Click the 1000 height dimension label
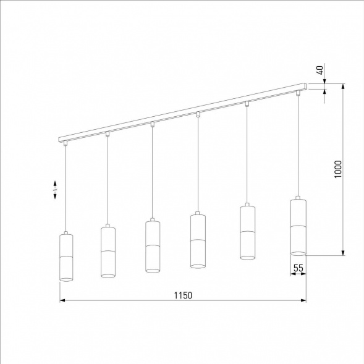[x=337, y=169]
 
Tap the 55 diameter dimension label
[x=298, y=268]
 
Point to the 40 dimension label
[x=320, y=70]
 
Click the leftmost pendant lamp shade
[x=66, y=256]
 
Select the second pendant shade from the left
[x=108, y=251]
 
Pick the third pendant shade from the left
[x=153, y=245]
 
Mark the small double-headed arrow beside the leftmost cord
[x=55, y=190]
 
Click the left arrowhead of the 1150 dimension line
[x=62, y=301]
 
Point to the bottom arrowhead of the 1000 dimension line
[x=343, y=252]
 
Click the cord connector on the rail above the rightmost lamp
[x=298, y=93]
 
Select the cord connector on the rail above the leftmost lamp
[x=66, y=143]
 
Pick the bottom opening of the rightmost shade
[x=298, y=252]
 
